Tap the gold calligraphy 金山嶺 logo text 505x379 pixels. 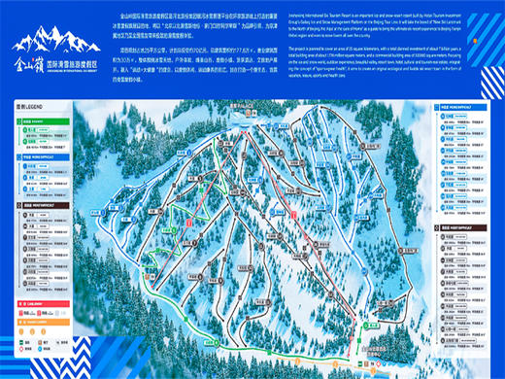pos(38,69)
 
